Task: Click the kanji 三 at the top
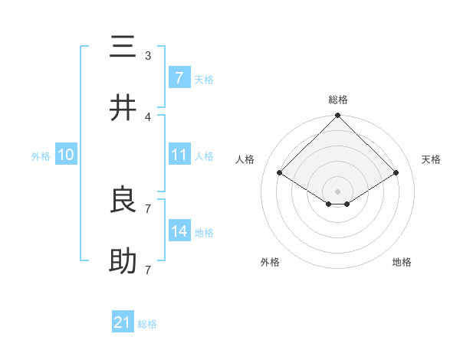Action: coord(123,47)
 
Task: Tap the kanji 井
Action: coord(123,108)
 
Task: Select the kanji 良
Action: coord(123,200)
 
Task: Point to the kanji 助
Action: coord(123,261)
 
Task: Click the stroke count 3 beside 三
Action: coord(148,56)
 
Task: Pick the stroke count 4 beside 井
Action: coord(148,116)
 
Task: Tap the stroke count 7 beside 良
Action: coord(148,208)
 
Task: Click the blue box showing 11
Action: coord(179,155)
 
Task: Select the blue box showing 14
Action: coord(179,231)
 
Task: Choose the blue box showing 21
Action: coord(123,322)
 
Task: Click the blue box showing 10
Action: coord(66,155)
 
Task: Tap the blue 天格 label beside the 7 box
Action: coord(204,79)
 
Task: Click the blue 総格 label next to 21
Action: coord(147,324)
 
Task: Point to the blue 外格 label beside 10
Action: coord(41,155)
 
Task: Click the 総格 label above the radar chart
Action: coord(338,100)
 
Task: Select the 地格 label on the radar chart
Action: coord(402,262)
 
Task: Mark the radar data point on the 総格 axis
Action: coord(338,116)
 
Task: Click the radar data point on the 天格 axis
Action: coord(396,173)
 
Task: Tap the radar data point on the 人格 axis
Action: coord(280,173)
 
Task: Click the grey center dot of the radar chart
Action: coord(338,191)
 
